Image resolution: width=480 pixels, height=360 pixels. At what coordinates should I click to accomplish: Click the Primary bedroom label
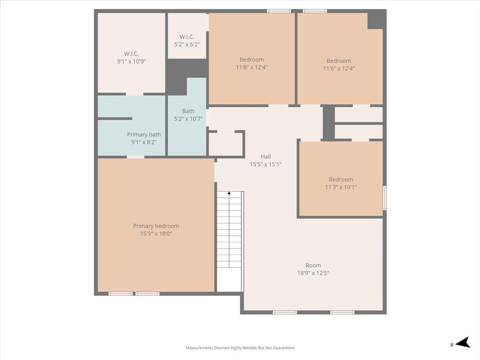click(156, 226)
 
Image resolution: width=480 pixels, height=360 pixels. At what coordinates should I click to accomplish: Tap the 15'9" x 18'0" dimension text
click(156, 233)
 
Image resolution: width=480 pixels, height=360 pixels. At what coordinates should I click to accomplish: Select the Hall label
click(266, 157)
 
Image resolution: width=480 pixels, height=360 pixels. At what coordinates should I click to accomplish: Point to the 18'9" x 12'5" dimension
click(313, 273)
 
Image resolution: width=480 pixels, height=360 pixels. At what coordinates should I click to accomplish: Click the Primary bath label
click(144, 135)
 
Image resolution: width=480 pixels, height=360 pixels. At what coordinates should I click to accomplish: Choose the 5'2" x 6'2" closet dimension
click(187, 45)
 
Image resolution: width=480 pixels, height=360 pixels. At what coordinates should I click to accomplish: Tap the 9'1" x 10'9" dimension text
click(131, 61)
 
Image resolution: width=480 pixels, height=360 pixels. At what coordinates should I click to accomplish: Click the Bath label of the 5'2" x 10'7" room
click(188, 111)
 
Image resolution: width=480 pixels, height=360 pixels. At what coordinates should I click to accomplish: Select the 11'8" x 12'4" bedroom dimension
click(252, 67)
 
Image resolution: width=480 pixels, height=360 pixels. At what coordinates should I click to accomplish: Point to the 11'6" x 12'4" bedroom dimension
click(338, 68)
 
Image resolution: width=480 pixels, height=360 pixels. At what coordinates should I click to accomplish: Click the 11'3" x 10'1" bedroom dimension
click(341, 187)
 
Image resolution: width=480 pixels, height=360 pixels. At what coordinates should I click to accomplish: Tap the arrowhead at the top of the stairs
click(229, 193)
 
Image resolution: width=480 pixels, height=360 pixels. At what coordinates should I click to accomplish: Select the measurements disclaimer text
click(240, 348)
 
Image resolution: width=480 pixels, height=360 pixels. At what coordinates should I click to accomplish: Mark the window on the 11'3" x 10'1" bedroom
click(384, 198)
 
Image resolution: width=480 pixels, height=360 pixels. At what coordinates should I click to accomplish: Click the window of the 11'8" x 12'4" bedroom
click(278, 11)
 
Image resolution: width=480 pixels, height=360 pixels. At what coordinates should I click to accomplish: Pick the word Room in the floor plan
click(313, 265)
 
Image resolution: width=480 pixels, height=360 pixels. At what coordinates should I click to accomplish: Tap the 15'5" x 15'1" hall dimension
click(266, 165)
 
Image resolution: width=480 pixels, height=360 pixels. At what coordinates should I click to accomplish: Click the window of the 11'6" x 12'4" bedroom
click(315, 11)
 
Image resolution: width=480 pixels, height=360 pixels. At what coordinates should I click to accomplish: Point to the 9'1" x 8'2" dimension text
click(144, 142)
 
